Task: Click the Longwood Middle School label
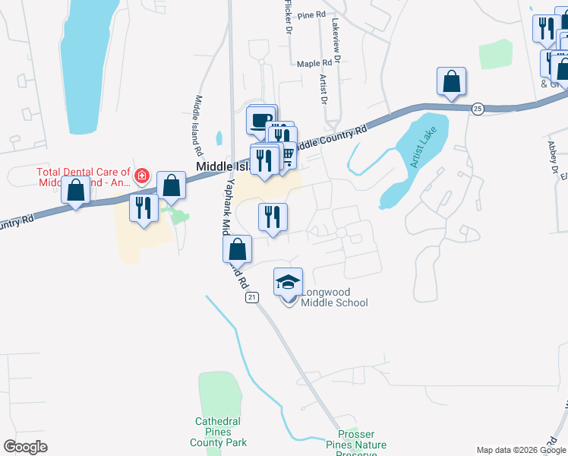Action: [334, 297]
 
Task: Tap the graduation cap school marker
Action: [288, 283]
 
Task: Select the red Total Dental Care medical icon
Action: [140, 177]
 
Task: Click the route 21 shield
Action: [251, 298]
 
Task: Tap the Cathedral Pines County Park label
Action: [217, 432]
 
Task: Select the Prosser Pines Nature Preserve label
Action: [356, 445]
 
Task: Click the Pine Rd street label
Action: [311, 14]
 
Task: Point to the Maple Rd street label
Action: [314, 64]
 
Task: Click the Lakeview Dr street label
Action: [333, 34]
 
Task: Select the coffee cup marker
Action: [260, 120]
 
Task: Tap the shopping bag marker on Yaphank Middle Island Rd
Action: [238, 249]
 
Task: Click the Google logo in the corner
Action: [25, 447]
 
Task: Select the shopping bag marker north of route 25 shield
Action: [451, 81]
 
